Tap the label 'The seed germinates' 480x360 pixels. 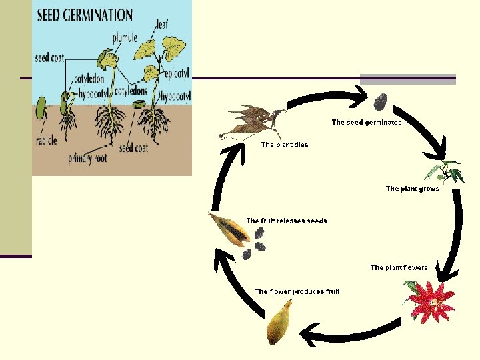click(x=367, y=122)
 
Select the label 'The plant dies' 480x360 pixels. click(x=285, y=145)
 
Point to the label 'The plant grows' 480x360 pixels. click(x=412, y=189)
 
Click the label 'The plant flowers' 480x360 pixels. click(x=399, y=267)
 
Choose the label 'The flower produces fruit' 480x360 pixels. click(x=297, y=291)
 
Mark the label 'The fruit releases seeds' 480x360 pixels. click(x=287, y=221)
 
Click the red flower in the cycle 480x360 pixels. click(x=430, y=301)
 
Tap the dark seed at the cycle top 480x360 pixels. click(x=381, y=101)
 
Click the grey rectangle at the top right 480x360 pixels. click(x=408, y=79)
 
